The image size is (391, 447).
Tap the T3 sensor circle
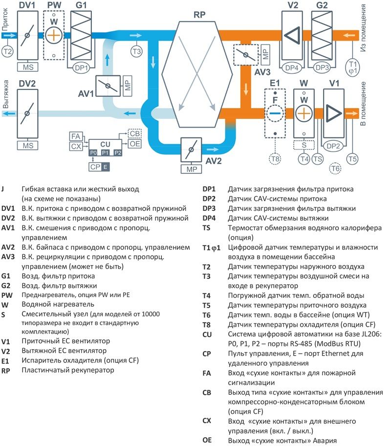click(x=136, y=50)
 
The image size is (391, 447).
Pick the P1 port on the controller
click(x=106, y=153)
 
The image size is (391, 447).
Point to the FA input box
click(x=76, y=136)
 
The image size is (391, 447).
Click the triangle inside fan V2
click(x=293, y=35)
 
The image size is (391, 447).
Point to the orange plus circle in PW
click(x=54, y=35)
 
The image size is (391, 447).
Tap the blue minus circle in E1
click(x=275, y=112)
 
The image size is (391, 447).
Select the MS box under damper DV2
click(x=27, y=145)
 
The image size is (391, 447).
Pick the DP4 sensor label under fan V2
click(x=292, y=67)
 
